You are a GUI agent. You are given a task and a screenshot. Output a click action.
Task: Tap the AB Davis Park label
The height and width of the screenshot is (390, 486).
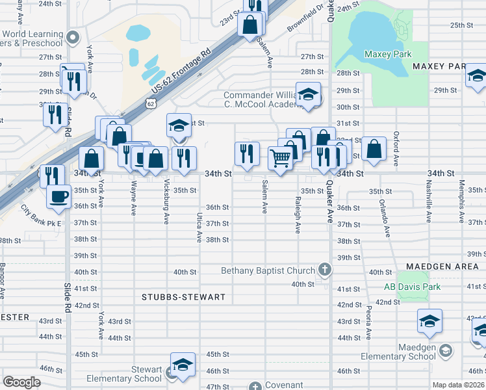[x=412, y=287]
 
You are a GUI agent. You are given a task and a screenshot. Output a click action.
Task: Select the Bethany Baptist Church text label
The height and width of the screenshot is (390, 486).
[x=268, y=270]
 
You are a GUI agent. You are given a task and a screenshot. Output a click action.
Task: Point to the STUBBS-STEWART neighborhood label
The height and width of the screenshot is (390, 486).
[x=183, y=297]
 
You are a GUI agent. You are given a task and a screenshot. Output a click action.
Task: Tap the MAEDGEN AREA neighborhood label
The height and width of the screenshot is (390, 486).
[x=441, y=266]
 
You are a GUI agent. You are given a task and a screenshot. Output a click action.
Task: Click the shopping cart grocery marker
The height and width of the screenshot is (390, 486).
[x=280, y=157]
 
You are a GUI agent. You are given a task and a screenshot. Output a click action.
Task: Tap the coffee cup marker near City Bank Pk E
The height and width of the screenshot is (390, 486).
[x=59, y=196]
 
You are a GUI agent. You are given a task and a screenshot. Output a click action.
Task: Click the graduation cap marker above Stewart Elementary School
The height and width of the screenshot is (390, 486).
[x=183, y=364]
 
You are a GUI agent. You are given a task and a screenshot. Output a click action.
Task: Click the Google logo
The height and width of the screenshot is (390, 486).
[x=21, y=382]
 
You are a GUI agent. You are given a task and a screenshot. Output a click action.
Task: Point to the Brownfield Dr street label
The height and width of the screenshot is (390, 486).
[x=305, y=19]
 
